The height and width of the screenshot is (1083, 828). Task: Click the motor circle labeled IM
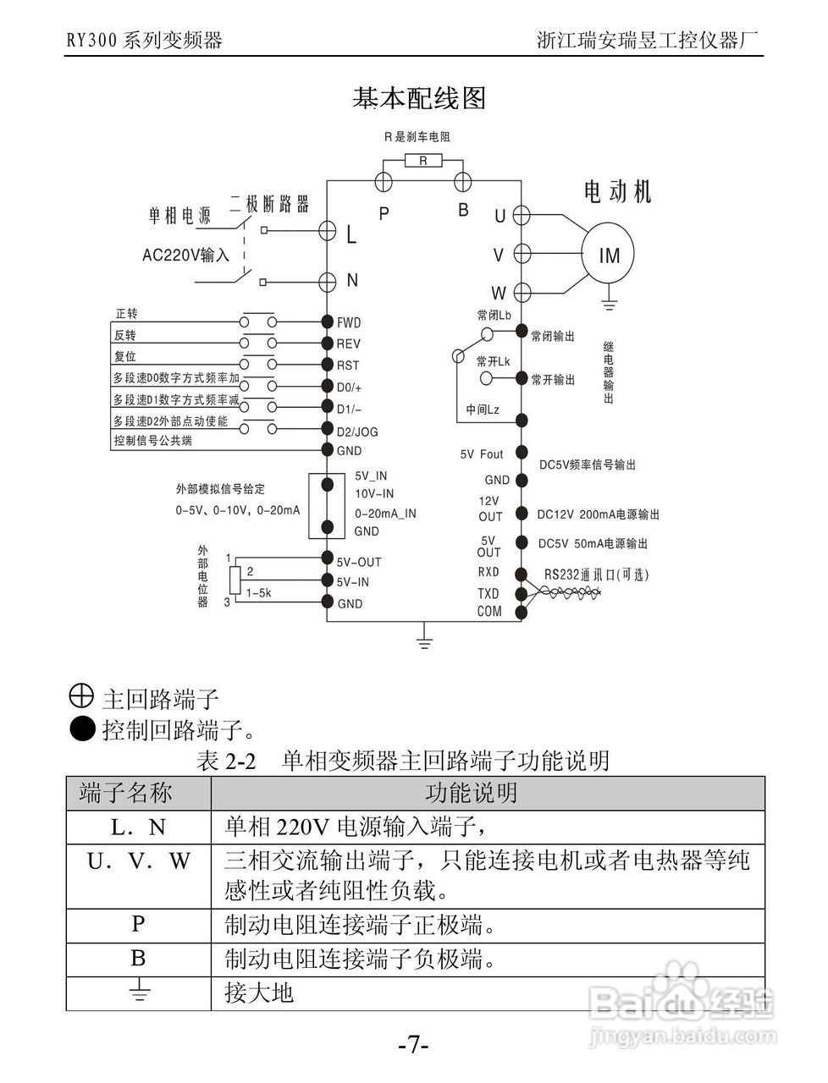pos(609,256)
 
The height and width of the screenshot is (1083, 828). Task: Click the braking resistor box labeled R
pos(423,160)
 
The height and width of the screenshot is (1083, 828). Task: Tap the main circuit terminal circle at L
pos(328,229)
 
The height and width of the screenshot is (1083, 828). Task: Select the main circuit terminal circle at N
pos(328,281)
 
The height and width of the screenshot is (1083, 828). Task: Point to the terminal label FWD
pos(349,322)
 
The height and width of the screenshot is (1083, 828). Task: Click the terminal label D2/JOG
pos(357,432)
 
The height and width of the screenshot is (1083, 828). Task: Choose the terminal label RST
pos(348,366)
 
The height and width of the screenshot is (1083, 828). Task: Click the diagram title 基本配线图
pos(419,99)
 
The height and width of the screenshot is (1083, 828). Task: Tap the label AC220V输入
pos(185,254)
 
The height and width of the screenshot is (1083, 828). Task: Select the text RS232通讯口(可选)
pos(596,574)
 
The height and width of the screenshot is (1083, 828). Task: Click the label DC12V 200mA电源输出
pos(598,514)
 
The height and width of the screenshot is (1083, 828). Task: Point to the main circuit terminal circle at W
pos(522,293)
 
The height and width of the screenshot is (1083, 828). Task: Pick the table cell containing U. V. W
pos(139,861)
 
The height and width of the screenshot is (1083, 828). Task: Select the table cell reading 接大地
pos(259,992)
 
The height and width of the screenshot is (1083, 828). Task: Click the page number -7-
pos(414,1046)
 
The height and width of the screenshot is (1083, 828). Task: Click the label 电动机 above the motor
pos(618,192)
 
